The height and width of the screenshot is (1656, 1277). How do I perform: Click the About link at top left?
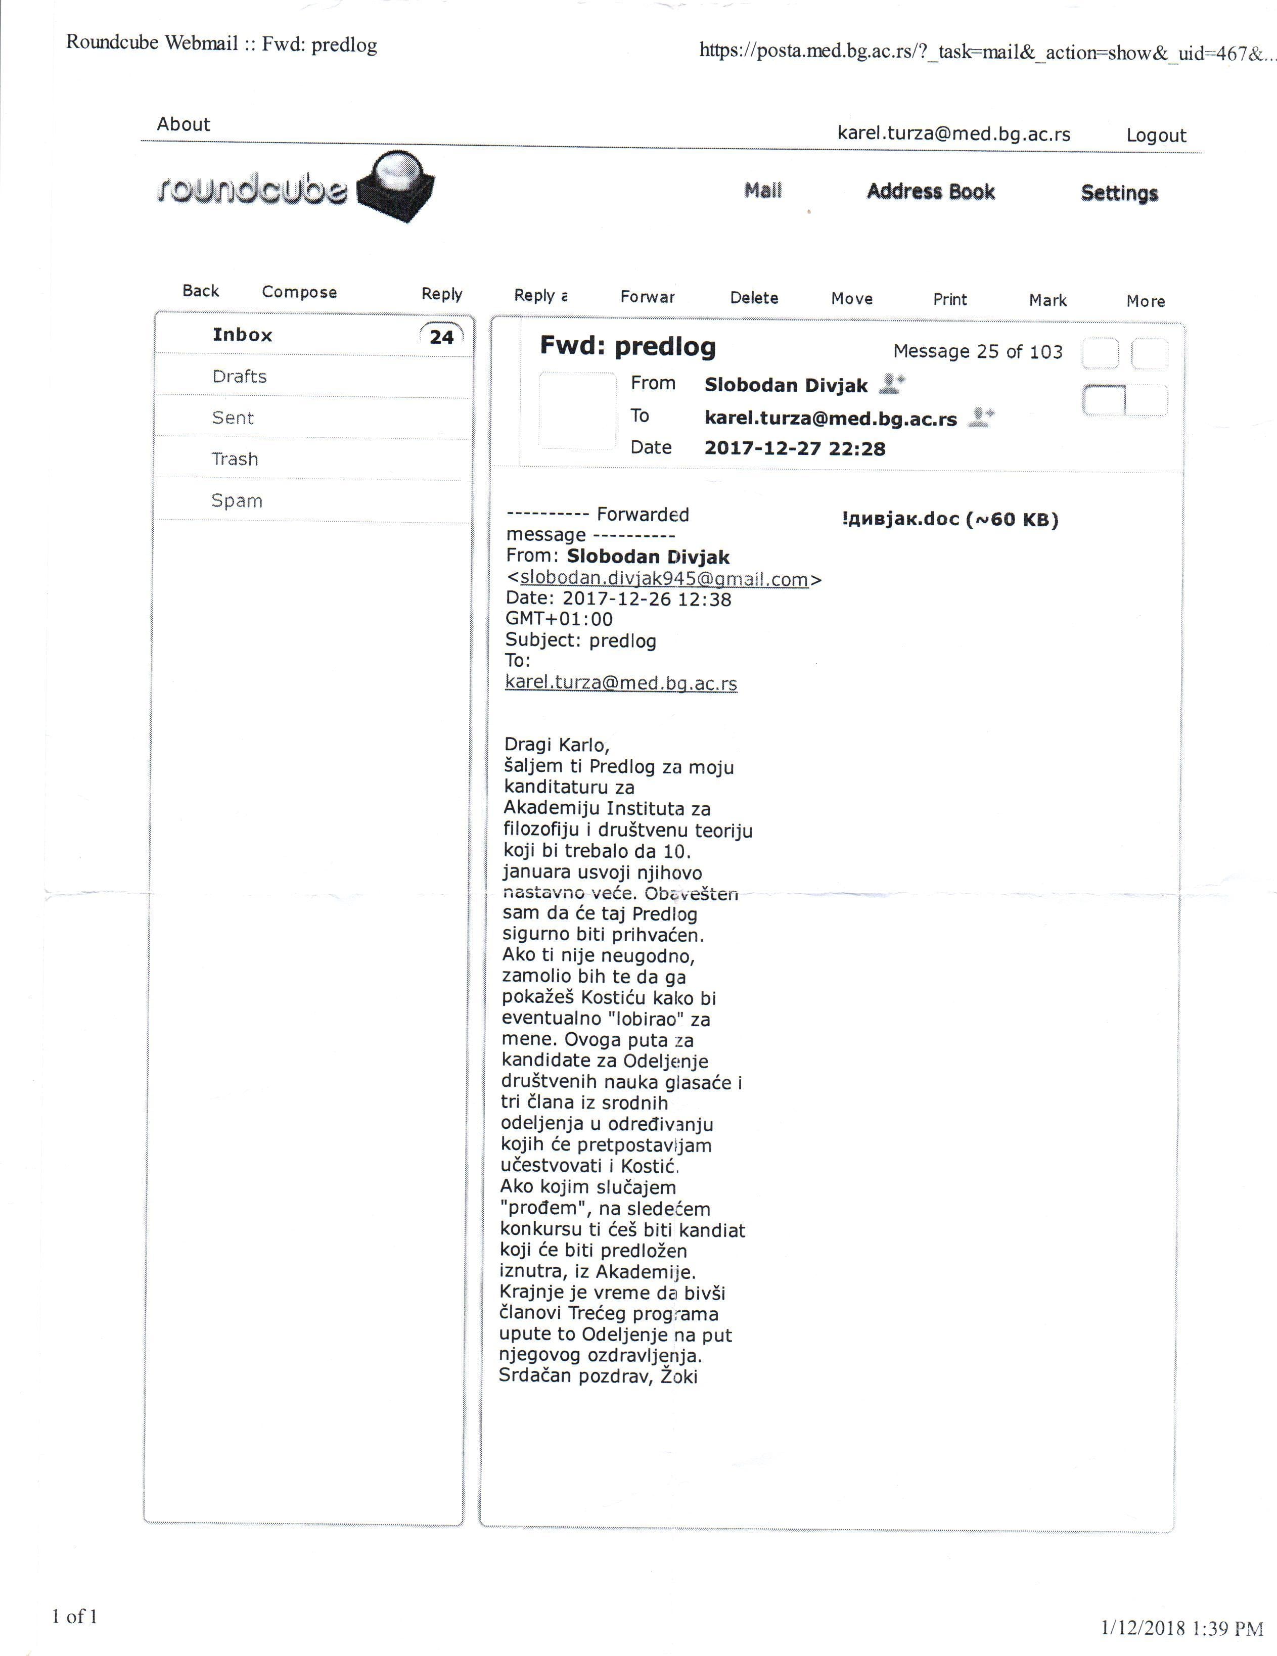[x=184, y=124]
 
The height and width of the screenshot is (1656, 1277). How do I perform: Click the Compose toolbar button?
[x=299, y=292]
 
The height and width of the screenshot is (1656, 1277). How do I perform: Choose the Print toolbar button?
[x=949, y=299]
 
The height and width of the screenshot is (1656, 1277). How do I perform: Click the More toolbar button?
[x=1145, y=301]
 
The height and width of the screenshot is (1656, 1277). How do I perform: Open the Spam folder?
[x=237, y=500]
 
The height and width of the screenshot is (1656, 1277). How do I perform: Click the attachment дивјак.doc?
[x=949, y=520]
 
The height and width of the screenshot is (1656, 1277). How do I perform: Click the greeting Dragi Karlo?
[x=557, y=745]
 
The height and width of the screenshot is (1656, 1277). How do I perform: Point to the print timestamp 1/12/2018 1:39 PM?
[x=1181, y=1628]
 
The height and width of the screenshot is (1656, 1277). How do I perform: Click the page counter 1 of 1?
[x=74, y=1616]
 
